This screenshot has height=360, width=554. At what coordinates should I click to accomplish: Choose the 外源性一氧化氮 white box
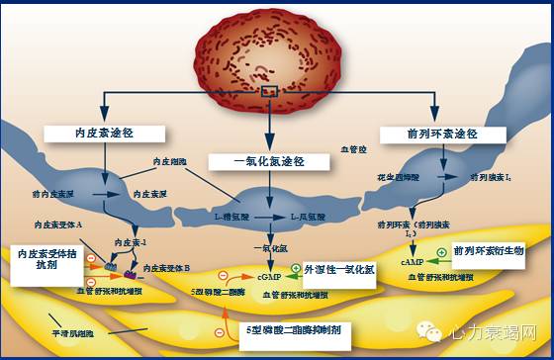click(339, 269)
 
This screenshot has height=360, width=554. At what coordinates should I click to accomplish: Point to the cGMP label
click(268, 278)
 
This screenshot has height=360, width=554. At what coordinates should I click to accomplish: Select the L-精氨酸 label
click(233, 215)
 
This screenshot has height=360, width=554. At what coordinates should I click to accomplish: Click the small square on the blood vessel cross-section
click(269, 92)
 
